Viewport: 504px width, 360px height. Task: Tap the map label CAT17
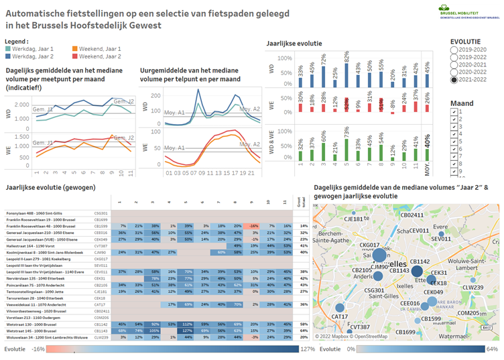pos(340,316)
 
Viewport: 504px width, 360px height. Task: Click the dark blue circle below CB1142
pos(417,271)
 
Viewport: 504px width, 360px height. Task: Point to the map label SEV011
pos(441,238)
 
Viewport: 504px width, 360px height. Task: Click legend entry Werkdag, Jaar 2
pos(32,56)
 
